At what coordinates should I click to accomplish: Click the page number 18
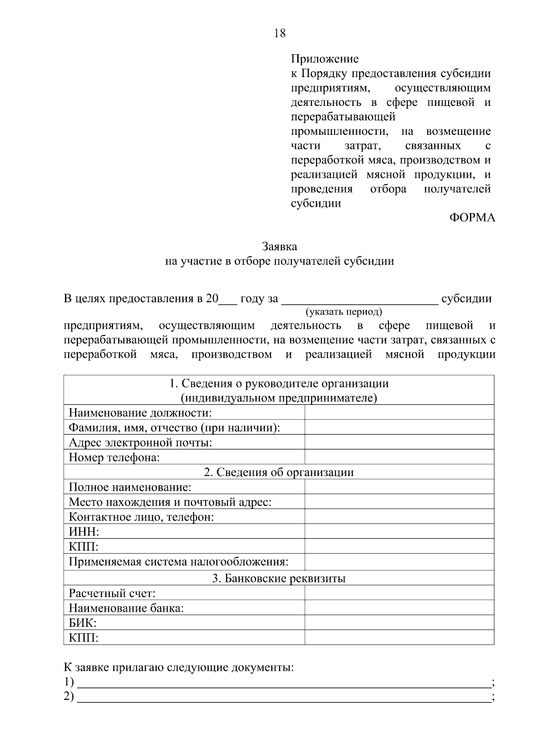tap(280, 33)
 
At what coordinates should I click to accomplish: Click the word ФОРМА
tap(472, 218)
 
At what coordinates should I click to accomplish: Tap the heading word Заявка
tap(279, 246)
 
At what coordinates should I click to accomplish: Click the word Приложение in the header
tap(324, 59)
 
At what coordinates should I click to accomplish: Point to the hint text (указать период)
tap(343, 312)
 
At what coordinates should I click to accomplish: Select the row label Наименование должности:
tap(140, 412)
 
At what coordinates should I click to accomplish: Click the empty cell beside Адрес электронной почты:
tap(399, 442)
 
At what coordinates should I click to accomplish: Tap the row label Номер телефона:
tap(114, 457)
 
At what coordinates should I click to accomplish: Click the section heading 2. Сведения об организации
tap(279, 472)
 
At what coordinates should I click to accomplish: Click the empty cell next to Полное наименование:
tap(399, 487)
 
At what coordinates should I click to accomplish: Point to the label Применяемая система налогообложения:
tap(178, 561)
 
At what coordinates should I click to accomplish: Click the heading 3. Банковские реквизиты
tap(279, 578)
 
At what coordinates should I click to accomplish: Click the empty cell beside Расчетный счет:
tap(399, 593)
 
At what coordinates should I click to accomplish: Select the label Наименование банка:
tap(126, 608)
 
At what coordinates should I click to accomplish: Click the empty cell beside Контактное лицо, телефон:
tap(399, 517)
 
